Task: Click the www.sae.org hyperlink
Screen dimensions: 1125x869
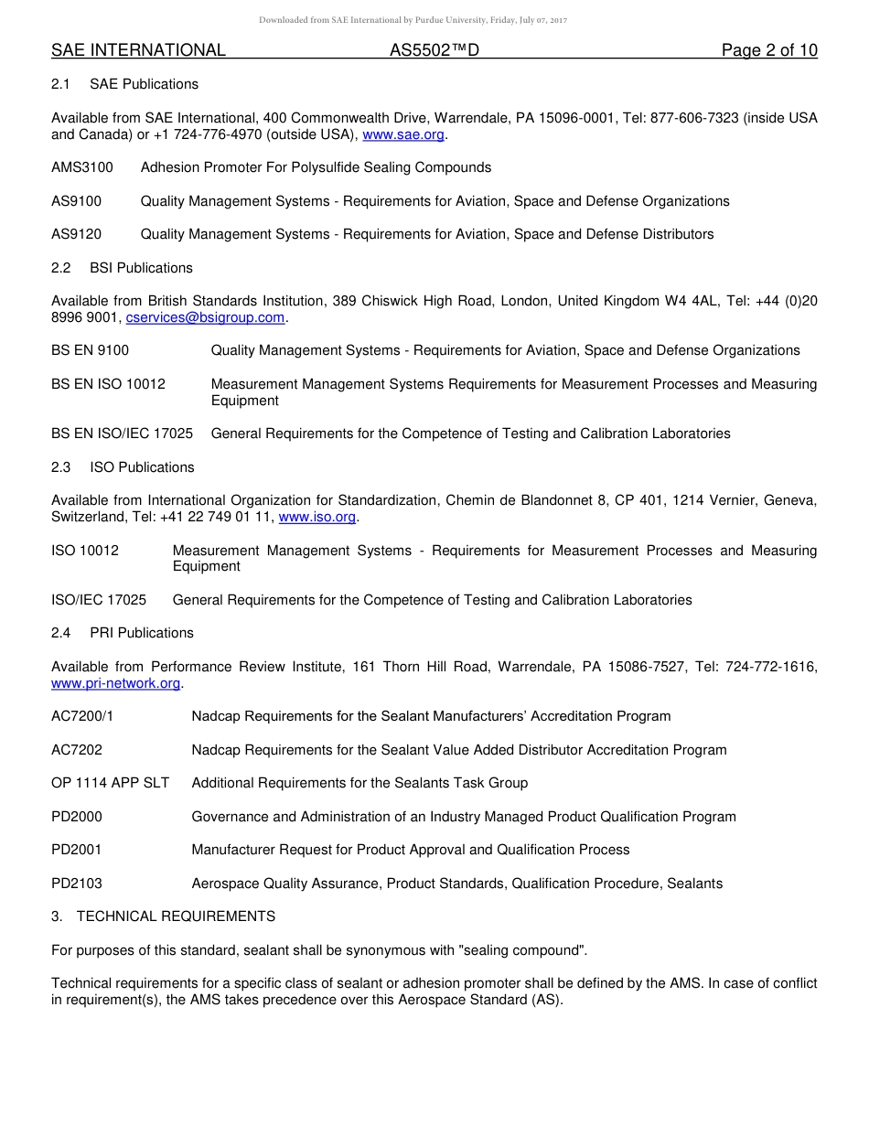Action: point(403,134)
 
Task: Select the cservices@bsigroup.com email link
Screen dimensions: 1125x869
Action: point(206,317)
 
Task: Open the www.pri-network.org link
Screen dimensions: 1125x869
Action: point(116,683)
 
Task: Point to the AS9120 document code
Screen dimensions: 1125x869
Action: point(77,234)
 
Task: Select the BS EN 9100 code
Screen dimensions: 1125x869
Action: point(90,350)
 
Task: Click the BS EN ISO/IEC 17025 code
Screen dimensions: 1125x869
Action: point(122,434)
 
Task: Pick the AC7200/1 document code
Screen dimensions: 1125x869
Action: point(82,716)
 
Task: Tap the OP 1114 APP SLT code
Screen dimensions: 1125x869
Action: point(110,783)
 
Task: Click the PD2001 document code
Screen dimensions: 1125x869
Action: point(77,850)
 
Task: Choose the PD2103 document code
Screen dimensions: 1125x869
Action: point(77,884)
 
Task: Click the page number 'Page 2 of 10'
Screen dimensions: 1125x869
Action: point(769,50)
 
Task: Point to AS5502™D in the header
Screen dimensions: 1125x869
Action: point(434,50)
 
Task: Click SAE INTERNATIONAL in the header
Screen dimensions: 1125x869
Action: point(138,50)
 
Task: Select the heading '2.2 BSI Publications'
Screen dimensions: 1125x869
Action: point(122,268)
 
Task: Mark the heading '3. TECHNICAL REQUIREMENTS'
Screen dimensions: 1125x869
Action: point(163,916)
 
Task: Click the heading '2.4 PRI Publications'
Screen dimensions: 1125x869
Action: point(123,633)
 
